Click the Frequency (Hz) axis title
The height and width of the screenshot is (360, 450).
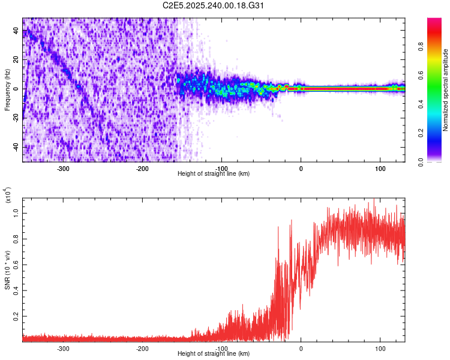(x=7, y=90)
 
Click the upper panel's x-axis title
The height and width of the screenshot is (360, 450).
(x=214, y=173)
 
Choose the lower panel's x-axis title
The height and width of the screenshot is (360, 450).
(x=214, y=354)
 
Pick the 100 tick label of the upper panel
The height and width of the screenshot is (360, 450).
(x=380, y=168)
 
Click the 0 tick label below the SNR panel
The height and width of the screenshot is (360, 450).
(x=301, y=348)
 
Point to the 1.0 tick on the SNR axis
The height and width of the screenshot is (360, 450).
(x=17, y=212)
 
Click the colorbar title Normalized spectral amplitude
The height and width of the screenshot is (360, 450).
(x=446, y=90)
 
